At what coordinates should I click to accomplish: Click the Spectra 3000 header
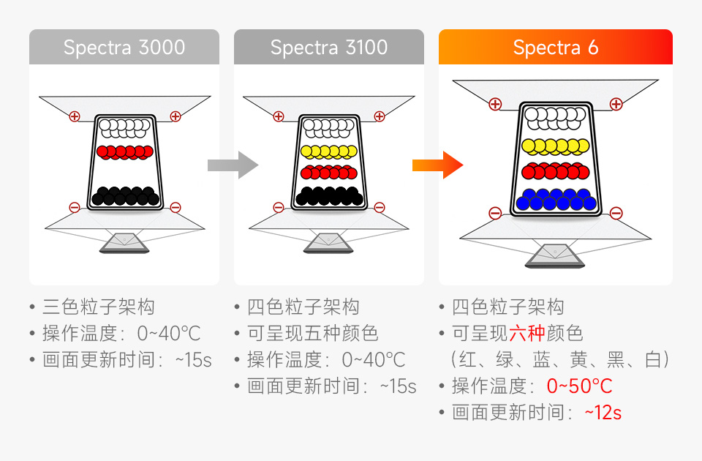tap(124, 48)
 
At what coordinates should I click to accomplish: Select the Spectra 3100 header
tap(329, 48)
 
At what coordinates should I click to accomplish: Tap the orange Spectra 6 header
tap(556, 48)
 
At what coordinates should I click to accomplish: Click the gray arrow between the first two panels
tap(233, 165)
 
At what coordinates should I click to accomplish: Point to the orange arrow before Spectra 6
tap(437, 165)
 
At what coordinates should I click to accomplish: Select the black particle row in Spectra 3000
tap(125, 195)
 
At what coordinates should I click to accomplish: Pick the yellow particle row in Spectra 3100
tap(329, 152)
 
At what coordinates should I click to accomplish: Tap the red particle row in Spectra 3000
tap(125, 151)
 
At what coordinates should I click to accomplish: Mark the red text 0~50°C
tap(579, 386)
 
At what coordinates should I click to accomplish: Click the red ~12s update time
tap(603, 413)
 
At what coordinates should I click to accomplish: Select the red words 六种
tap(526, 334)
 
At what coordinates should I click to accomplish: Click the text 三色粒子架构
tap(98, 307)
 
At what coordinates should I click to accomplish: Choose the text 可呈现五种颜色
tap(313, 334)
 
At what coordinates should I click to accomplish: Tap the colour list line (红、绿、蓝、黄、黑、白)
tap(560, 360)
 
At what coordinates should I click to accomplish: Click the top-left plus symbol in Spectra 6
tap(495, 104)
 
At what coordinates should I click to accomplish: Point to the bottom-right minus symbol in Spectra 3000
tap(175, 208)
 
